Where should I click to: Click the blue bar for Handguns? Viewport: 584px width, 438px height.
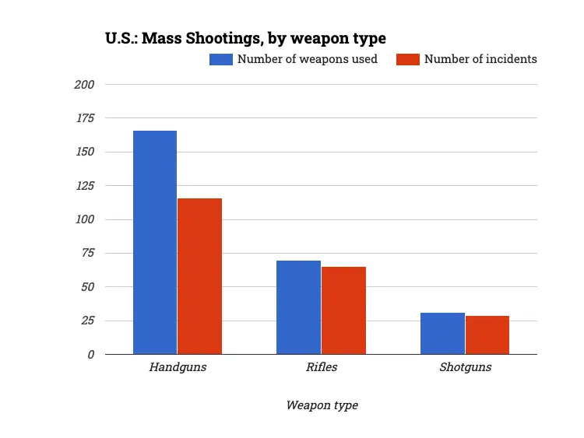pyautogui.click(x=155, y=242)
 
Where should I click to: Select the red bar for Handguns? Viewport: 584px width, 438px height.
pyautogui.click(x=199, y=276)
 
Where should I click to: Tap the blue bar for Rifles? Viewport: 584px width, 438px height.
pyautogui.click(x=298, y=307)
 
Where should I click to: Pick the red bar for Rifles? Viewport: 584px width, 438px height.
pyautogui.click(x=343, y=310)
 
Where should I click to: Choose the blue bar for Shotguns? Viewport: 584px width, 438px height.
pyautogui.click(x=442, y=333)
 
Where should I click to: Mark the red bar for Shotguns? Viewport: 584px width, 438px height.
pyautogui.click(x=487, y=335)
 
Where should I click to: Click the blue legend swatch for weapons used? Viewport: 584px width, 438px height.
pyautogui.click(x=221, y=59)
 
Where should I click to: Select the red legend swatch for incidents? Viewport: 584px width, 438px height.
pyautogui.click(x=408, y=59)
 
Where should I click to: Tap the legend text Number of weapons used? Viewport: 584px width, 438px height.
pyautogui.click(x=307, y=59)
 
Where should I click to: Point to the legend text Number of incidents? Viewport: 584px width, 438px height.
pyautogui.click(x=480, y=59)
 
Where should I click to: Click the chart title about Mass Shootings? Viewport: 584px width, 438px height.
pyautogui.click(x=245, y=37)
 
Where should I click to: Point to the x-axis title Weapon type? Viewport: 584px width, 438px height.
pyautogui.click(x=322, y=405)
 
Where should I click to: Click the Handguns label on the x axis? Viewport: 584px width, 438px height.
pyautogui.click(x=178, y=367)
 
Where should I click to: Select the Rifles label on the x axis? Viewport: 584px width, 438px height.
pyautogui.click(x=321, y=367)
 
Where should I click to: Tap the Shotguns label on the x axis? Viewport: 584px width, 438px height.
pyautogui.click(x=465, y=367)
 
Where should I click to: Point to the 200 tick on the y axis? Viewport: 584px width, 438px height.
pyautogui.click(x=84, y=84)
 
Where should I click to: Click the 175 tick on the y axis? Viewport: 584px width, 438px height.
pyautogui.click(x=84, y=118)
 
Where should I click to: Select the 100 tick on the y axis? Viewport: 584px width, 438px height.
pyautogui.click(x=84, y=219)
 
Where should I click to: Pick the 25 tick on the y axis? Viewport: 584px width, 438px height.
pyautogui.click(x=87, y=321)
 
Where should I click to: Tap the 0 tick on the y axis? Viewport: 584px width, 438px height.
pyautogui.click(x=90, y=354)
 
